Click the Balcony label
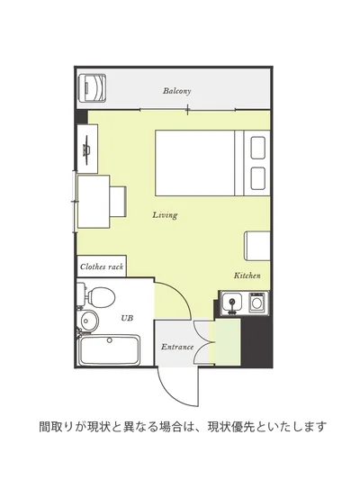(176, 91)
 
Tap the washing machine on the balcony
(92, 88)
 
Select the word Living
(165, 215)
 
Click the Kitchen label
(247, 276)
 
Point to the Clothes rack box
(102, 267)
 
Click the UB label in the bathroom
(127, 318)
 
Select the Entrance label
(177, 347)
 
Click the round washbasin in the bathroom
(90, 322)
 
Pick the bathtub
(109, 350)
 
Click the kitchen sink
(232, 303)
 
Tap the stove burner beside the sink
(257, 303)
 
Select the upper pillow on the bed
(257, 148)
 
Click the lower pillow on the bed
(257, 178)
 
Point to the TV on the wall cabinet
(86, 149)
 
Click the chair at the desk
(118, 202)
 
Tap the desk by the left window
(94, 202)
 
